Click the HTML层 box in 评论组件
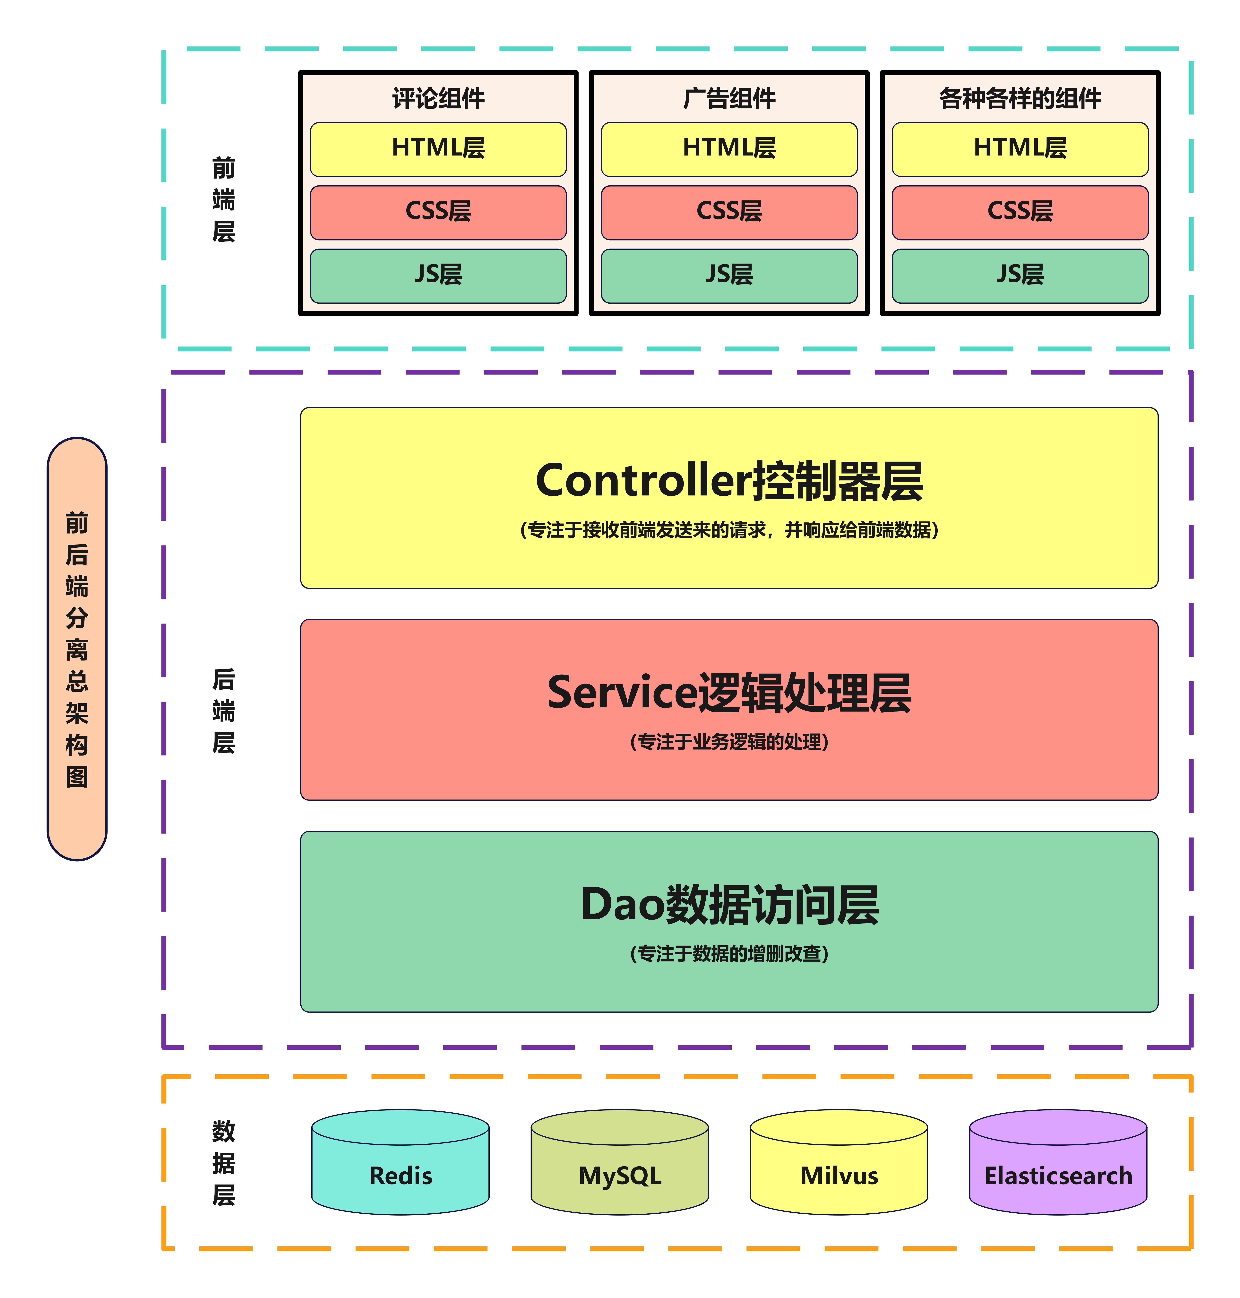pyautogui.click(x=438, y=149)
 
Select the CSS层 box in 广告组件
pyautogui.click(x=729, y=212)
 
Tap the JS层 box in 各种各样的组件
pyautogui.click(x=1020, y=275)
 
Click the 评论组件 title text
pyautogui.click(x=438, y=98)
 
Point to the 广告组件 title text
pyautogui.click(x=729, y=98)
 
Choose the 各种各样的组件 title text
pyautogui.click(x=1020, y=98)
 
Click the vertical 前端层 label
pyautogui.click(x=223, y=199)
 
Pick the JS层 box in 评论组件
pyautogui.click(x=438, y=275)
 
